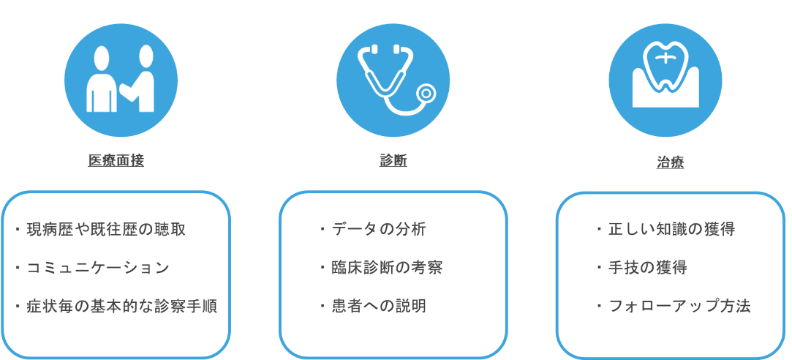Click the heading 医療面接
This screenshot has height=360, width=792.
click(x=116, y=161)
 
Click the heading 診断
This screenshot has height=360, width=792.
click(x=393, y=161)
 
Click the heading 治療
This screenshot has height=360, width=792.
click(x=670, y=163)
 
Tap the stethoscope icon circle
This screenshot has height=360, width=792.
click(x=393, y=80)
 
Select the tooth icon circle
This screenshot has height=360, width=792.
click(x=665, y=80)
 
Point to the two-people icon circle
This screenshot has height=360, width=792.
click(x=121, y=80)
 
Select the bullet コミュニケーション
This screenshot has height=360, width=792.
click(x=97, y=268)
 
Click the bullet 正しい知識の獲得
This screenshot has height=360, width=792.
click(x=671, y=229)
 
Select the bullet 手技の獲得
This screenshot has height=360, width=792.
click(x=647, y=268)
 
